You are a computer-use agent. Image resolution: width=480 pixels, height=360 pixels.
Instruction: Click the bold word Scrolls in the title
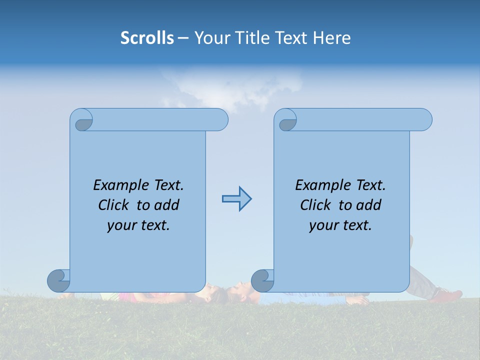tap(147, 38)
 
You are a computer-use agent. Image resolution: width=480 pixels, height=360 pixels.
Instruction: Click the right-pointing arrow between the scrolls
tap(236, 199)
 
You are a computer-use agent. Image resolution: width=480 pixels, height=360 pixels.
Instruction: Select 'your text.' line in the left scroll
tap(138, 225)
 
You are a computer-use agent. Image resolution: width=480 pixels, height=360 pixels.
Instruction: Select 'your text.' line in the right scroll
tap(340, 225)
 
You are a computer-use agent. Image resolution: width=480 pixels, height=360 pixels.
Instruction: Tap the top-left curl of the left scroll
tap(83, 122)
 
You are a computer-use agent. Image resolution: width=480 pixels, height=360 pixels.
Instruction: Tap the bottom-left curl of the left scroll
tap(58, 280)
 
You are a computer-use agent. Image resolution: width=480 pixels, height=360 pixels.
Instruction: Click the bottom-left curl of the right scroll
tap(262, 280)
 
